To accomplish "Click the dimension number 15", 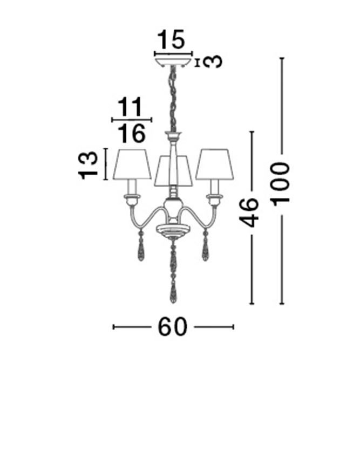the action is [171, 39].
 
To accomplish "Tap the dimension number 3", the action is [212, 62].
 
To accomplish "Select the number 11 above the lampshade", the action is [130, 107].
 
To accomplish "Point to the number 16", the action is [131, 133].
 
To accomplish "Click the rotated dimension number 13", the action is [88, 166].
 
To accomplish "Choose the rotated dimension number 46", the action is [249, 212].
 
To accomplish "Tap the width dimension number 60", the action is [173, 327].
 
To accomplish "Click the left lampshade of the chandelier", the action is [132, 164].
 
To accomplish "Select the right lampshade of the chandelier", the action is [215, 164].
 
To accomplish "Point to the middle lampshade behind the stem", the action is [173, 171].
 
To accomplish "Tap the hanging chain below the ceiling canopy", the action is [173, 99].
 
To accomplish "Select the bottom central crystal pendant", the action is [173, 270].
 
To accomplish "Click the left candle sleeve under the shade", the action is [132, 187].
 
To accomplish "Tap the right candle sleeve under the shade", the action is [215, 187].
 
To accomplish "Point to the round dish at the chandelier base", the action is [173, 230].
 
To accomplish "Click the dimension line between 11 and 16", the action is [132, 120].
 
